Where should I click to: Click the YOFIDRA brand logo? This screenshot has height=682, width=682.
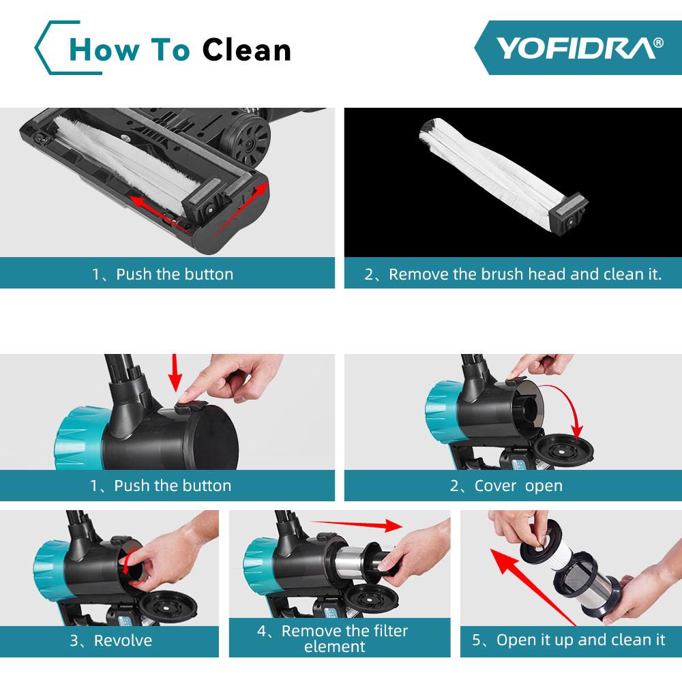coord(578,47)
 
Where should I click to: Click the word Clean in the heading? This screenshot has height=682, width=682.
coord(247,49)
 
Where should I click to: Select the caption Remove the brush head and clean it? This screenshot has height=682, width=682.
coord(513,274)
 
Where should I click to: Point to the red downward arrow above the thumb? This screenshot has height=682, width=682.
coord(175,372)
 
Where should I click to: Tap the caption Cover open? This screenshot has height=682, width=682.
coord(506,486)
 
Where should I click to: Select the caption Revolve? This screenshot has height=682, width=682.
coord(110,640)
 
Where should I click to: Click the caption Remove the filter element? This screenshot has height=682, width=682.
coord(333,638)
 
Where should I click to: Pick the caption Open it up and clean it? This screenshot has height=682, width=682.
coord(568,640)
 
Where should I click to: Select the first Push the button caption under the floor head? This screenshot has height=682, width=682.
coord(163,274)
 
